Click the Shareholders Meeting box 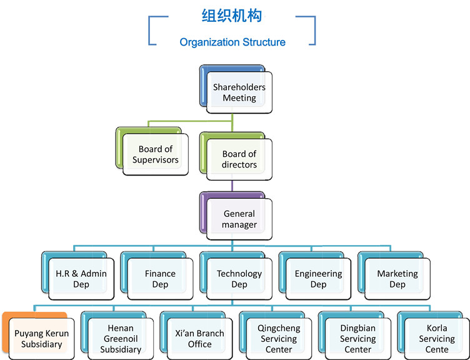[239, 92]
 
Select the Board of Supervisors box [156, 154]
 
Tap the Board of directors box [239, 159]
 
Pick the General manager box [239, 219]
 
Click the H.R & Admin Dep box [81, 279]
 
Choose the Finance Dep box [160, 279]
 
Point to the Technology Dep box [239, 279]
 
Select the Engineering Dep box [318, 279]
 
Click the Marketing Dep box [397, 279]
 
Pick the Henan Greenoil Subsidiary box [121, 338]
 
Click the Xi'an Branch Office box [199, 338]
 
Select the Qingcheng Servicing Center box [279, 338]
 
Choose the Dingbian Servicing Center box [357, 338]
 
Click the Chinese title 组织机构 [232, 16]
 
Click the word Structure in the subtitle [264, 42]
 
